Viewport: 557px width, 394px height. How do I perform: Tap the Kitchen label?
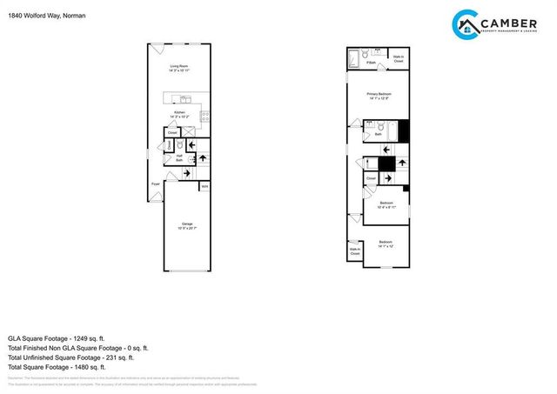point(180,114)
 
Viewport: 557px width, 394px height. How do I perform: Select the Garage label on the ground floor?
point(187,225)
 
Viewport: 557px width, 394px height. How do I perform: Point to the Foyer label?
point(156,184)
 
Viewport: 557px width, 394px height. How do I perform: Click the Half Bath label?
point(179,157)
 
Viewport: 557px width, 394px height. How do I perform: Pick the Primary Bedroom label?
point(379,96)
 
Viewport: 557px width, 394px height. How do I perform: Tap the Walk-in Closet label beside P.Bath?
point(398,60)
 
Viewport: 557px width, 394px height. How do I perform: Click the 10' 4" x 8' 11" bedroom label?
point(386,205)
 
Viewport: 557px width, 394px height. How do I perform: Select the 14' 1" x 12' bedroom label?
point(386,244)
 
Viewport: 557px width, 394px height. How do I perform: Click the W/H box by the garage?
point(205,185)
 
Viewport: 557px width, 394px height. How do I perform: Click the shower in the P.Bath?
point(353,58)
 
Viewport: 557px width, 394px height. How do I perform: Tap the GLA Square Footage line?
point(56,337)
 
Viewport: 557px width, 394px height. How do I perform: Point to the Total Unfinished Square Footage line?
point(70,357)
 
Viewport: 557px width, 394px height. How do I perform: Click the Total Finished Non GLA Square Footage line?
point(77,348)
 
